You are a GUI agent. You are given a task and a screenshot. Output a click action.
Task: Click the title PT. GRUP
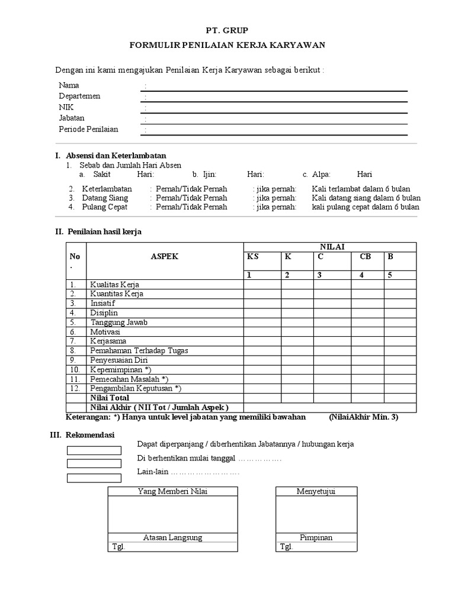point(227,30)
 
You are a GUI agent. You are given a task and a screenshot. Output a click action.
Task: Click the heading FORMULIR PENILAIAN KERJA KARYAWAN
point(227,46)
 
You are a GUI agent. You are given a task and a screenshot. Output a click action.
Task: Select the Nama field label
point(69,85)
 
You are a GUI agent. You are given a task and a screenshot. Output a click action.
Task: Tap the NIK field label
point(66,107)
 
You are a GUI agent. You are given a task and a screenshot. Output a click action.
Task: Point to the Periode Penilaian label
point(88,129)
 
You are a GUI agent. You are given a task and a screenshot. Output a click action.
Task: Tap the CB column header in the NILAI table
point(365,257)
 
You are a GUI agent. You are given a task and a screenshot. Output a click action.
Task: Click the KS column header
point(253,257)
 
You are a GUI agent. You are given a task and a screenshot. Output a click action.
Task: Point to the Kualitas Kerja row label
point(114,285)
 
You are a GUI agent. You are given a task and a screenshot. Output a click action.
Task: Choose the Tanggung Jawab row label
point(118,323)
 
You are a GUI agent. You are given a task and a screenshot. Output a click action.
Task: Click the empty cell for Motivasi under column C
point(332,332)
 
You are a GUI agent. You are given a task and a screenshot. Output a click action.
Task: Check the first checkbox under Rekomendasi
point(94,450)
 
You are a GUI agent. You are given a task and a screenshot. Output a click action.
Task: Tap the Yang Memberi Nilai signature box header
point(172,492)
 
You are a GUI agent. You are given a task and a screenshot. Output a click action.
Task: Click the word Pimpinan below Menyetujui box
point(316,537)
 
